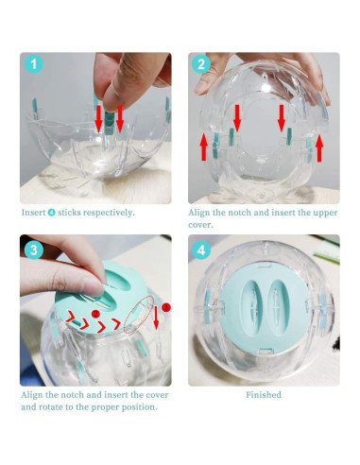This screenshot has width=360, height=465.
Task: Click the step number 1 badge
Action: coord(35,66)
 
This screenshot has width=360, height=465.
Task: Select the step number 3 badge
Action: coord(35,251)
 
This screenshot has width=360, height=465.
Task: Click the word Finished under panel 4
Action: coord(264,394)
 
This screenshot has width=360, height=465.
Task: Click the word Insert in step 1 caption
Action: coord(35,212)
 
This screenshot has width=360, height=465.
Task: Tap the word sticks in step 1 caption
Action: coord(78,212)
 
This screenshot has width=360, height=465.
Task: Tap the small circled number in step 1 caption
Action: coord(55,212)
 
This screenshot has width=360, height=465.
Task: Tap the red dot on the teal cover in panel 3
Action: coord(95,314)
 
